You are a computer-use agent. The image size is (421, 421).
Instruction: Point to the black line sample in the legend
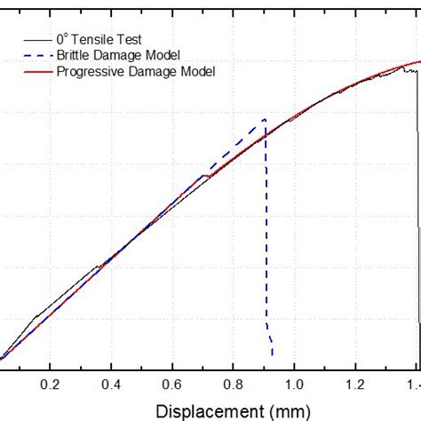click(x=37, y=39)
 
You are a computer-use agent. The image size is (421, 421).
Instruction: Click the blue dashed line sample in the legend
click(x=37, y=54)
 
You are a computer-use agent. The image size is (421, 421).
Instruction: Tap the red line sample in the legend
click(x=37, y=70)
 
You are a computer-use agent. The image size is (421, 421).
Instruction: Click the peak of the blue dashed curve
click(x=264, y=120)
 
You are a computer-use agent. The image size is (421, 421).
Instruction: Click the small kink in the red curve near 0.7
click(x=206, y=175)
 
